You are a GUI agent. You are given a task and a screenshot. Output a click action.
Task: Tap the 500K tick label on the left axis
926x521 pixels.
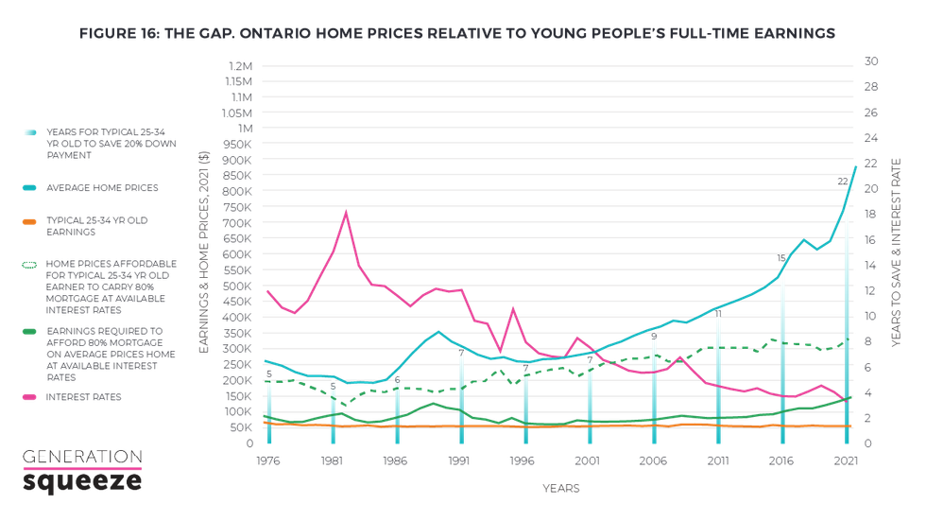coord(238,286)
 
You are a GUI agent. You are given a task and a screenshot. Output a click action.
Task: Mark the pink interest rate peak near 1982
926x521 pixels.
coord(346,212)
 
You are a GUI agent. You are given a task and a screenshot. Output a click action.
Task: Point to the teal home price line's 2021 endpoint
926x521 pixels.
coord(856,166)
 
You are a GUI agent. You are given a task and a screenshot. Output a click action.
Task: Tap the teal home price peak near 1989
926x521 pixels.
coord(438,331)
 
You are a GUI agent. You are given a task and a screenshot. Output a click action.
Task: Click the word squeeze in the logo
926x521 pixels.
coord(81,483)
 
